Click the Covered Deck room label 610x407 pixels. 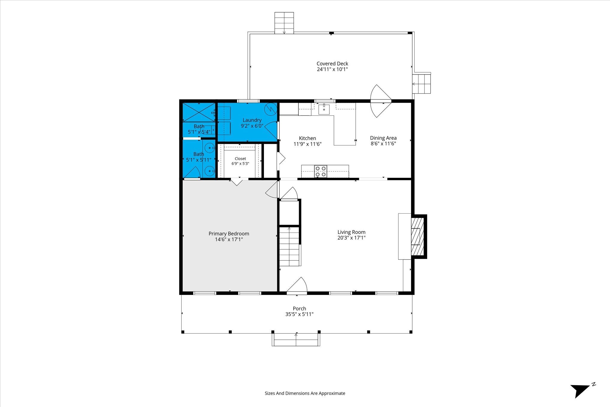(x=332, y=63)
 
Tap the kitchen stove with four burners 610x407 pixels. (x=320, y=171)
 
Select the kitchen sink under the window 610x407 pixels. (x=324, y=109)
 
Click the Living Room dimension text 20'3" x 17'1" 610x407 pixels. (x=351, y=238)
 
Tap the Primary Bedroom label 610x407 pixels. (x=229, y=234)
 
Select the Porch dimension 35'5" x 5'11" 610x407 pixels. (x=299, y=314)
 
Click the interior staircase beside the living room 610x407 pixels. (x=289, y=246)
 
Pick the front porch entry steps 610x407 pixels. (x=296, y=340)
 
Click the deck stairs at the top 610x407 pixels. (x=284, y=23)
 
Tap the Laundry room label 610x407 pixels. (x=252, y=120)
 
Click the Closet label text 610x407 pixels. (x=240, y=159)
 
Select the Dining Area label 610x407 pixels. (x=383, y=138)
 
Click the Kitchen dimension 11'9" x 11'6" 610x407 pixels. (x=308, y=144)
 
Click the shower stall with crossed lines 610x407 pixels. (x=199, y=112)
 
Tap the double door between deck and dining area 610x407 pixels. (x=380, y=101)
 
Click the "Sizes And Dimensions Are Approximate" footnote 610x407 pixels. (x=305, y=393)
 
